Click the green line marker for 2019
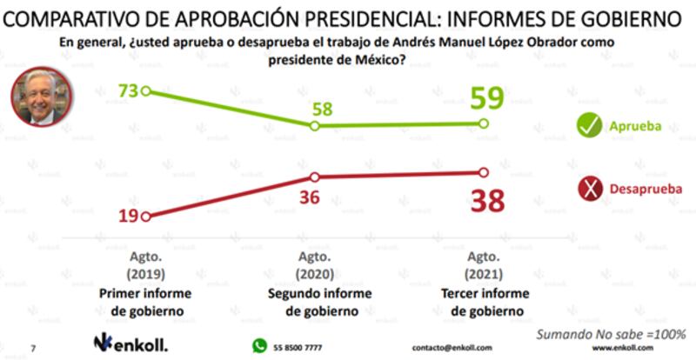[146, 90]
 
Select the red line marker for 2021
[485, 173]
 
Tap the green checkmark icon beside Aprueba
[592, 125]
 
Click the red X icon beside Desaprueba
[592, 188]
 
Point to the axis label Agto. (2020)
[313, 265]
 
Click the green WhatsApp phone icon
[259, 345]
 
